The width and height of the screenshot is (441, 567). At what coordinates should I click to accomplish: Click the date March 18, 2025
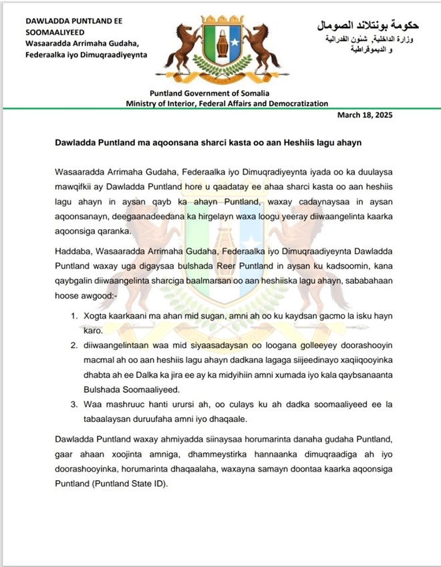pyautogui.click(x=365, y=115)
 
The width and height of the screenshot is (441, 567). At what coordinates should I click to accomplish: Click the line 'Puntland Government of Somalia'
pyautogui.click(x=227, y=93)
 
